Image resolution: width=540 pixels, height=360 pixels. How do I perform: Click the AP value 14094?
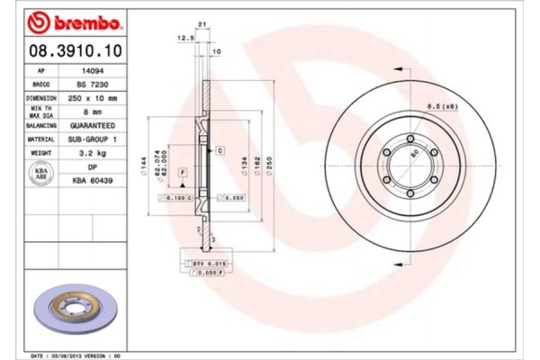[x=90, y=69]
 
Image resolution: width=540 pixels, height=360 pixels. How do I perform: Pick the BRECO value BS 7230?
[x=90, y=83]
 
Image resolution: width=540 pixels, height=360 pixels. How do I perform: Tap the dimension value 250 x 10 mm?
[x=90, y=97]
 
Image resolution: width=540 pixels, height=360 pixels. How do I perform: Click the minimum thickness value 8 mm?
[x=90, y=111]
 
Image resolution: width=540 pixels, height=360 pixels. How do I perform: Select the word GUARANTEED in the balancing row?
[x=90, y=125]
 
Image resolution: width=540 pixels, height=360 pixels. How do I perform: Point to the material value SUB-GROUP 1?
[x=90, y=139]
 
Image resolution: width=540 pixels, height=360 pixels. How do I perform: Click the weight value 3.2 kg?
[x=90, y=154]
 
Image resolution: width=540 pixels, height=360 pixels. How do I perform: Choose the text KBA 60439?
[x=90, y=180]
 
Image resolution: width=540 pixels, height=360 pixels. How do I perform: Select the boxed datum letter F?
[x=182, y=171]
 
